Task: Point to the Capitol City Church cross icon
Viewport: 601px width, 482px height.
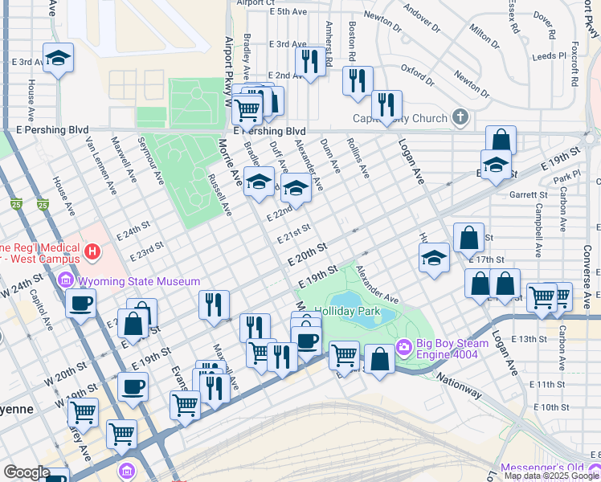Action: tap(460, 119)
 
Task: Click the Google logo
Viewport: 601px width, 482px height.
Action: tap(27, 472)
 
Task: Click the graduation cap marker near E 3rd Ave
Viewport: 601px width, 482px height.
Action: tap(58, 59)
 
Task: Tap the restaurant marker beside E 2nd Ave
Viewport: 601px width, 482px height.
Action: tap(309, 60)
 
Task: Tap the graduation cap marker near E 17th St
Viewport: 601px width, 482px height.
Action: tap(434, 259)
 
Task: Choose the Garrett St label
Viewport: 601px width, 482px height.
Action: tap(526, 194)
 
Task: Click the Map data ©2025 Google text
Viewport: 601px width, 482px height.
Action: tap(551, 476)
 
